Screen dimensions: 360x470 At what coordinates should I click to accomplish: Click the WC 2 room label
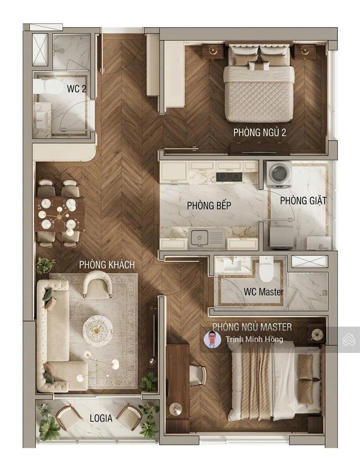(x=77, y=89)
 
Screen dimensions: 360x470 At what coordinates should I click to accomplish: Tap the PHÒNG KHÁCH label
(x=107, y=265)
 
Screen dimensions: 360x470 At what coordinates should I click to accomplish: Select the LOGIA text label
(x=101, y=418)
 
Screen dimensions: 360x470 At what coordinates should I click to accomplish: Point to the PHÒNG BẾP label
(x=209, y=206)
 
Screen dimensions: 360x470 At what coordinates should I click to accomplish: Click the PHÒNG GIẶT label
(x=303, y=201)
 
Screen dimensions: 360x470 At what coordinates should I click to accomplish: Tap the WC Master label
(x=263, y=291)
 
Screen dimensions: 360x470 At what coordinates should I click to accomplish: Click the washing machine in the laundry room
(x=279, y=175)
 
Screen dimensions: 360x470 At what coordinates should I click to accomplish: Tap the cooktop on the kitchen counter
(x=229, y=177)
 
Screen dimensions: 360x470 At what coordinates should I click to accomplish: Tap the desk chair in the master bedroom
(x=198, y=375)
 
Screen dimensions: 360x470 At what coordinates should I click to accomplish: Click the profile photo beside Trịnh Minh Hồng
(x=212, y=339)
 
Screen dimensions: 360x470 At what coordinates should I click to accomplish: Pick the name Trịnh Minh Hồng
(x=254, y=339)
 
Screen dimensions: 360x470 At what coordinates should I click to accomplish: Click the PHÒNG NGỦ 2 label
(x=259, y=132)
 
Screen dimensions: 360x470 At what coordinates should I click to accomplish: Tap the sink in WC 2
(x=41, y=117)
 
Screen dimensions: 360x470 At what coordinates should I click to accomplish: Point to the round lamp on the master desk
(x=175, y=409)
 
